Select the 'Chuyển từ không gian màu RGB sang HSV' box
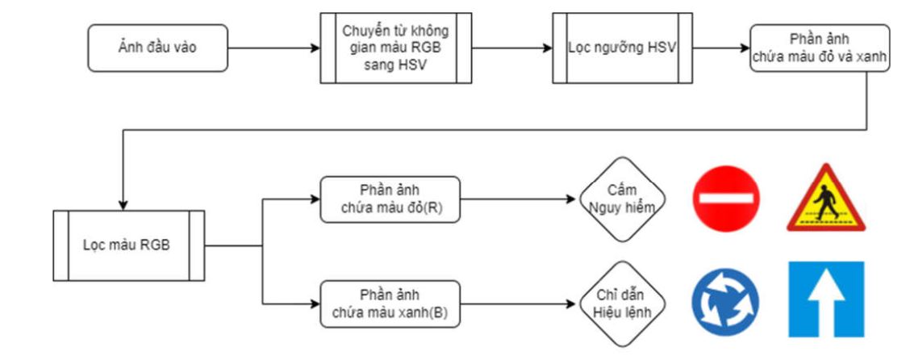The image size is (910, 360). point(396,48)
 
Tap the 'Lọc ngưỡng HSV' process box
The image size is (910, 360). point(621,48)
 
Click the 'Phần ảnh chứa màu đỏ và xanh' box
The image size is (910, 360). point(820,48)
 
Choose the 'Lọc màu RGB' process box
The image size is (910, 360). point(127,245)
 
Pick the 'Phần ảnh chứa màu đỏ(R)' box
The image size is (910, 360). point(390,199)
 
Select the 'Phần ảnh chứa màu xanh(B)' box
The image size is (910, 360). point(390,303)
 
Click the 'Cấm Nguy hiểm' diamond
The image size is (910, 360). point(621,199)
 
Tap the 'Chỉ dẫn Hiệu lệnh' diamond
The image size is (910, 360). point(620,303)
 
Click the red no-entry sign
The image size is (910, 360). point(725,198)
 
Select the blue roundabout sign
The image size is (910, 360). point(725,302)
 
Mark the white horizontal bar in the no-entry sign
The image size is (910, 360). point(725,198)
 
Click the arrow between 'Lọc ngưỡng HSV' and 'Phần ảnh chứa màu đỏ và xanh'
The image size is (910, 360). point(720,48)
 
